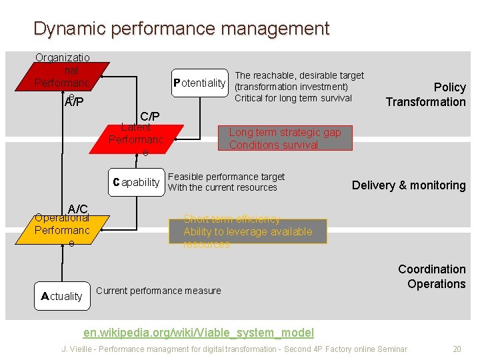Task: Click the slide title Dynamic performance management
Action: point(181,29)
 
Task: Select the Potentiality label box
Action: point(199,83)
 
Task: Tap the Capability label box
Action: point(137,182)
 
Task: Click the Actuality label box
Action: point(61,296)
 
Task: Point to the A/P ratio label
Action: point(74,101)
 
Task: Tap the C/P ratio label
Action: point(149,116)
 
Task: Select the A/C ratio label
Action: point(77,209)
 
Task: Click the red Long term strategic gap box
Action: point(285,139)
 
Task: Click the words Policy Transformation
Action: point(426,95)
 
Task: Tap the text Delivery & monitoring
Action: point(409,185)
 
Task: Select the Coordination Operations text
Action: point(431,277)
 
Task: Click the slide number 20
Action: point(457,349)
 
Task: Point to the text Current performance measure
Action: point(159,291)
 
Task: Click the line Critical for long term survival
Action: point(293,98)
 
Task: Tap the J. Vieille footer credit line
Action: point(234,349)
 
